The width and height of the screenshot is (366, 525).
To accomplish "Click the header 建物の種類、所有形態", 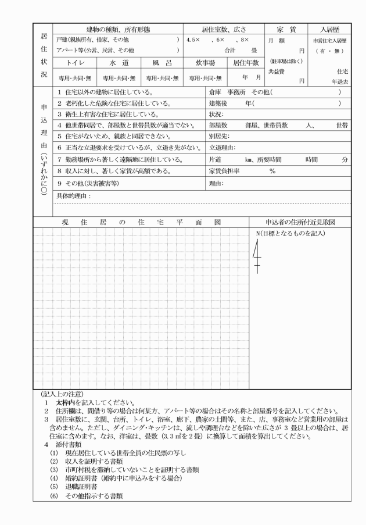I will click(x=118, y=28).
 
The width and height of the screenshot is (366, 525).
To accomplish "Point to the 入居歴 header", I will click(x=329, y=28).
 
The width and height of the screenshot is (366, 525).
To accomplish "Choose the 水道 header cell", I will click(x=119, y=62).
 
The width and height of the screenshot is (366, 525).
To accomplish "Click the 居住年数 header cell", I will click(x=246, y=62).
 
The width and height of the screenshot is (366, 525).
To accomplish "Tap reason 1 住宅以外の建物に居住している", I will click(x=105, y=92).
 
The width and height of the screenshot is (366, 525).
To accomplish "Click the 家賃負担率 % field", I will click(x=271, y=172).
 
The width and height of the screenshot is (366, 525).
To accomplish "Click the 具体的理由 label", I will click(x=74, y=197).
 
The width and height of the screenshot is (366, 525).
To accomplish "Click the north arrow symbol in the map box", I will click(x=257, y=256).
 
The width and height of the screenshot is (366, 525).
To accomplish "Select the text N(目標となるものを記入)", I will click(x=290, y=233).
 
